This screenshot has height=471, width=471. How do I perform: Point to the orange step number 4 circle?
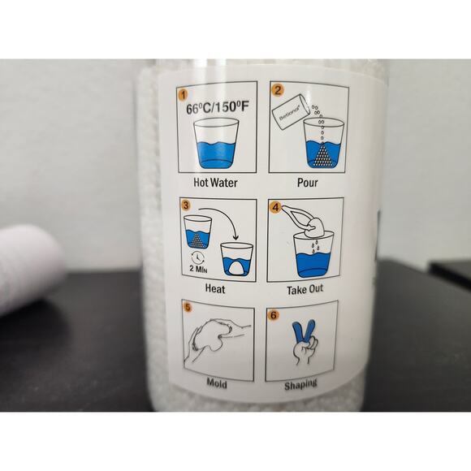point(276,207)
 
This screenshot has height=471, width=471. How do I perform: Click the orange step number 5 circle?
point(188,309)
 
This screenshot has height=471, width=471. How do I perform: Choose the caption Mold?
point(217,382)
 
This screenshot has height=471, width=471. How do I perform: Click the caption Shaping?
point(301,383)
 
